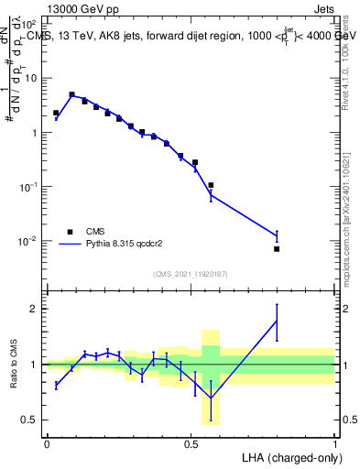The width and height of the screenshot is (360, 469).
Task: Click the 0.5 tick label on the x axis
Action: tap(191, 442)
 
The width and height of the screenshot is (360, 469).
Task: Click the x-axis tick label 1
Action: tap(335, 442)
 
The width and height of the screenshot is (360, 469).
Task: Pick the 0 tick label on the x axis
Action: tap(47, 442)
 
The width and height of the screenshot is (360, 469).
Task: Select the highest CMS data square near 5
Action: tap(71, 94)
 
